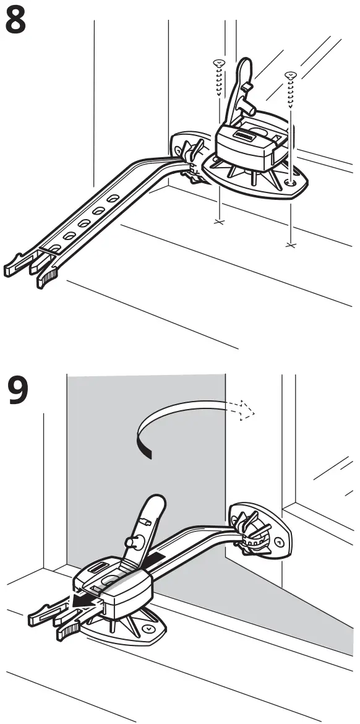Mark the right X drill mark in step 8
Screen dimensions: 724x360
tap(289, 245)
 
